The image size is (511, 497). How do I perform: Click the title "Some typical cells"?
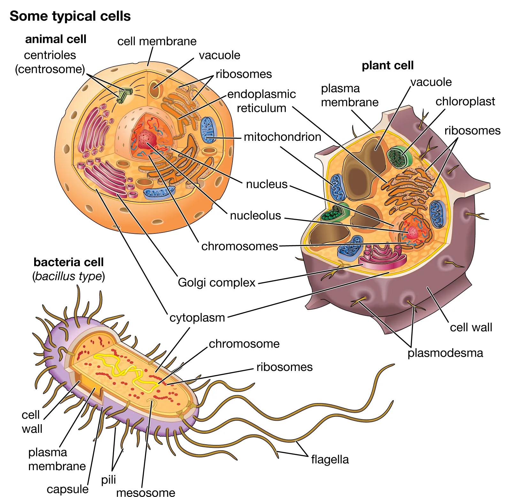70,16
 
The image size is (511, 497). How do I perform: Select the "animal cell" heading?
56,39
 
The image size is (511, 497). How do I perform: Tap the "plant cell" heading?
387,65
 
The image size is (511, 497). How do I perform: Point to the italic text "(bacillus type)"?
68,276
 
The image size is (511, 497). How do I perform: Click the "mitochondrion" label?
282,137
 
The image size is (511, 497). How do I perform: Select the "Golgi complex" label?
217,282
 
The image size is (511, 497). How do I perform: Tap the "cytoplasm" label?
197,317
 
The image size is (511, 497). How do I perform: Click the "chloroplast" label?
465,101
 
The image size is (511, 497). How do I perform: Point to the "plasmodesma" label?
445,353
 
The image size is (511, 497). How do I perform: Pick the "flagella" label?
330,459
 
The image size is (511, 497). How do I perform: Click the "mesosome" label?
146,492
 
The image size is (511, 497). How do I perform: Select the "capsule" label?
67,489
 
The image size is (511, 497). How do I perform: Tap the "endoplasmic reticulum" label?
262,101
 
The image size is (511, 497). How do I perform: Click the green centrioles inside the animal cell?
124,95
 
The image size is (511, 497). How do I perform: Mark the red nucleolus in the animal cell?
147,139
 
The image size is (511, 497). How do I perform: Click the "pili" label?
109,479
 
